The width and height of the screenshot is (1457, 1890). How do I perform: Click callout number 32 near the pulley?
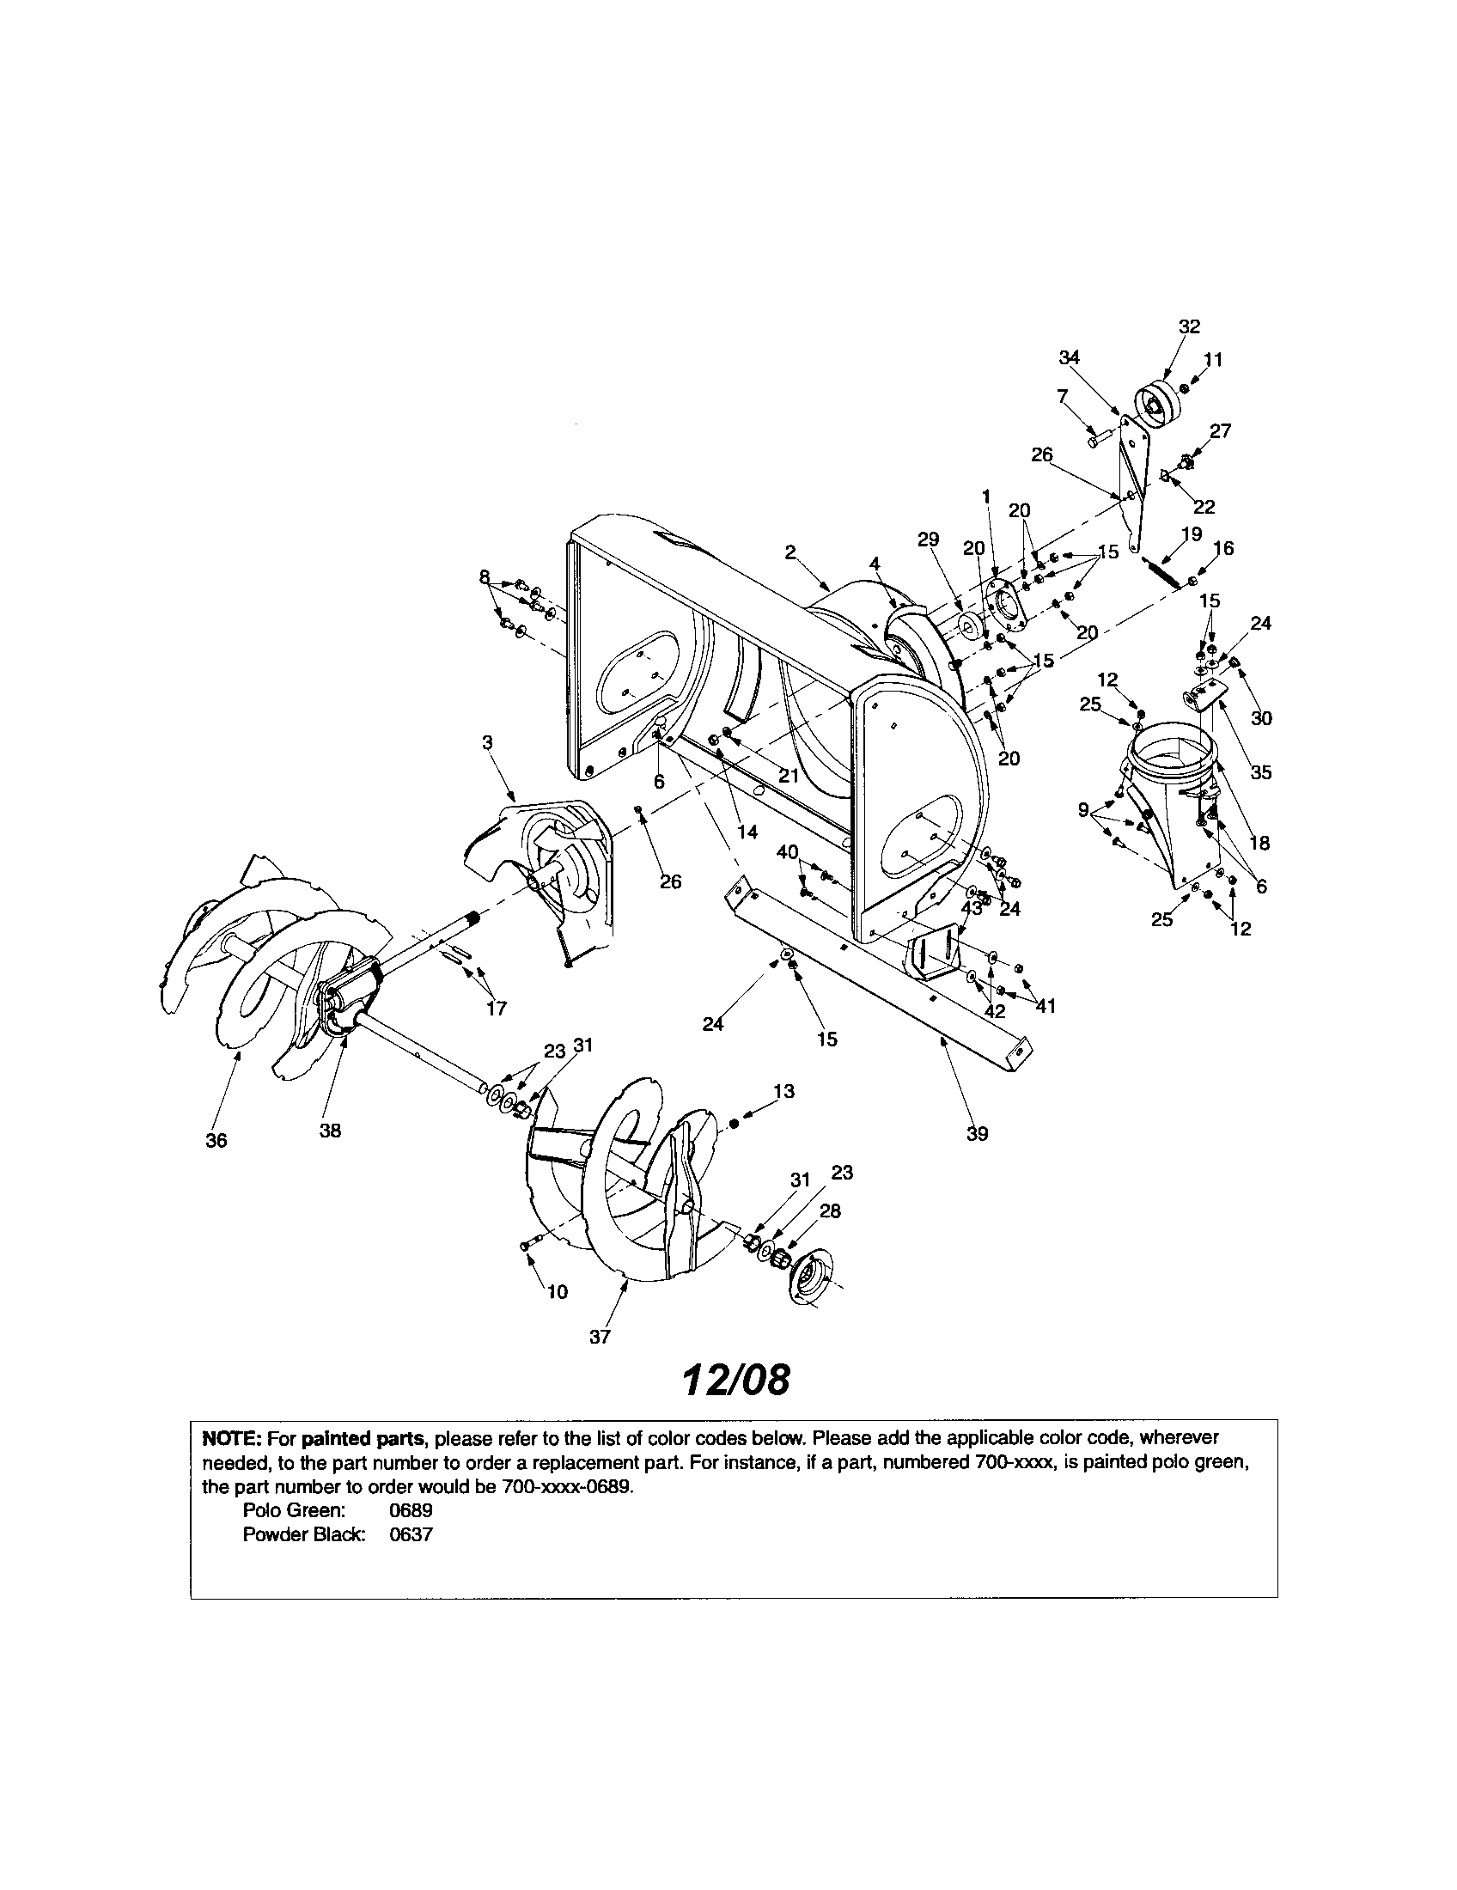[1190, 326]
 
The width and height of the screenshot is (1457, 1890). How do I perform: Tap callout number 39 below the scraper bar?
[977, 1134]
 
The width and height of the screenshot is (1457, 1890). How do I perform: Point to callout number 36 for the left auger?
[216, 1141]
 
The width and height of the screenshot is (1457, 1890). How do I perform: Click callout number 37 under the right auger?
[600, 1337]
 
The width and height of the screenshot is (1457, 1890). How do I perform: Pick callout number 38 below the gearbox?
[331, 1131]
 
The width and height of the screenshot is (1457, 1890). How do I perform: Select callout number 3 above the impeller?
[487, 742]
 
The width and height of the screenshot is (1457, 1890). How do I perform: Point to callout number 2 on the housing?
[791, 552]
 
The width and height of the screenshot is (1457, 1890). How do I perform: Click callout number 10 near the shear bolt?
[558, 1292]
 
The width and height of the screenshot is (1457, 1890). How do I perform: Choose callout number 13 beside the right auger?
[783, 1092]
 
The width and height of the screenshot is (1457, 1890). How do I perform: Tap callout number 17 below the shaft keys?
[497, 1009]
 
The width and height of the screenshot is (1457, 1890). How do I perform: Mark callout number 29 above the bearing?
[928, 540]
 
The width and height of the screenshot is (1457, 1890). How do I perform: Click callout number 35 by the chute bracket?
[1261, 773]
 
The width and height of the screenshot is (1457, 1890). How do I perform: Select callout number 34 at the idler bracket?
[1070, 357]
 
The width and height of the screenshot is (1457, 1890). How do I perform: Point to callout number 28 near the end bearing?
[830, 1211]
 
